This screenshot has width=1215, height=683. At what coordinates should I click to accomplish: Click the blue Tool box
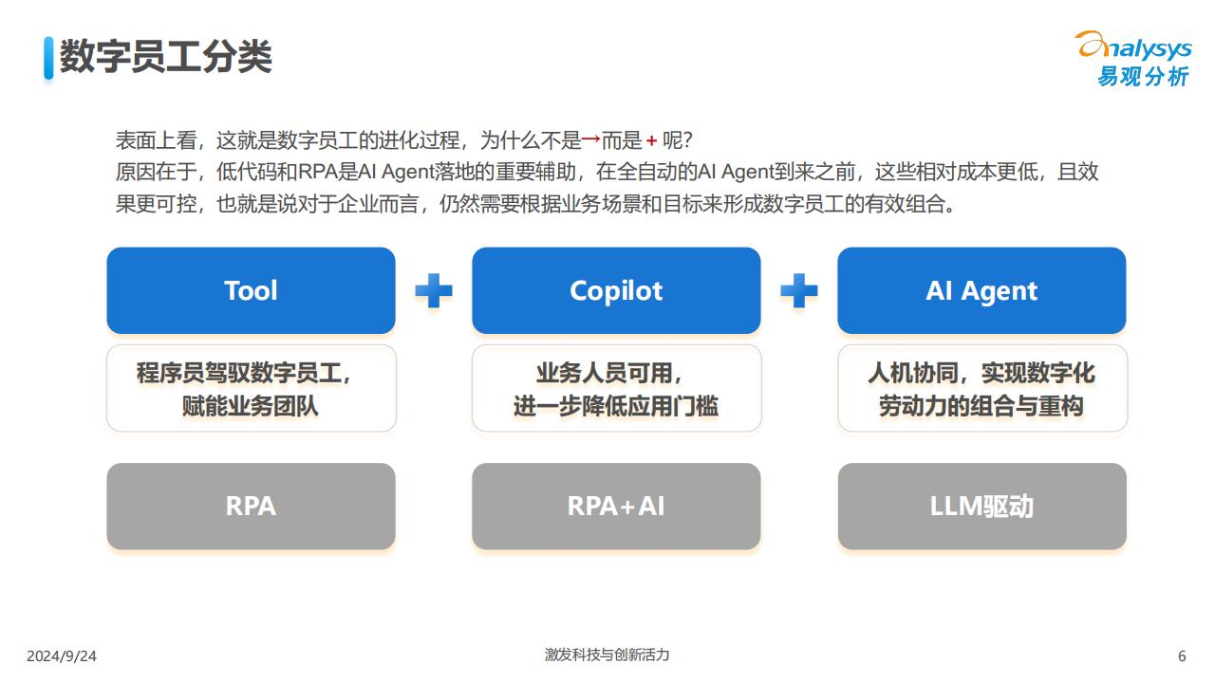(251, 290)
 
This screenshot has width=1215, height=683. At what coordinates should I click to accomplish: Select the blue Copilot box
(616, 290)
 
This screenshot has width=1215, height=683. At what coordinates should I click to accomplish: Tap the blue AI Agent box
(981, 290)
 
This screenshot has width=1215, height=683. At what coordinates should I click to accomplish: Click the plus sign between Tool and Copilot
(434, 290)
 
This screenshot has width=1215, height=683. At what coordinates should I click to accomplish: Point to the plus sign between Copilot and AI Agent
(799, 290)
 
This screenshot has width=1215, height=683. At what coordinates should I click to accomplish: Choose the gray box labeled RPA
(251, 507)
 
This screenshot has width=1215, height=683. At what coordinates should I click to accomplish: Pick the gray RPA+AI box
(616, 507)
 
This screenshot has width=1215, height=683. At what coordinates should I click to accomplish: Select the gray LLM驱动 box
(981, 507)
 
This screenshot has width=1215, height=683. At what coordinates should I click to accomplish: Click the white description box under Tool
(252, 388)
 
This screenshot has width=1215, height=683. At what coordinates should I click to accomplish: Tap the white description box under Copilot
(617, 388)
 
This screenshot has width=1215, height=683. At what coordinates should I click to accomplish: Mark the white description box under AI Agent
(982, 388)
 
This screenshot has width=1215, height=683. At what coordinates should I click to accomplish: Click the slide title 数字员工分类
(165, 56)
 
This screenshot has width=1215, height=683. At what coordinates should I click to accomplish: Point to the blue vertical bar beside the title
(48, 58)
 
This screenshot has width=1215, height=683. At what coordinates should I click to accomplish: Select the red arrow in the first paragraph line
(590, 139)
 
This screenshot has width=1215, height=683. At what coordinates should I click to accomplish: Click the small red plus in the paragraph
(651, 141)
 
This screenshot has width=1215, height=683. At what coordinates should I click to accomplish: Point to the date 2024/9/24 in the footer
(62, 656)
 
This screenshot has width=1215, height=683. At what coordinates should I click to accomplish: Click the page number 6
(1182, 656)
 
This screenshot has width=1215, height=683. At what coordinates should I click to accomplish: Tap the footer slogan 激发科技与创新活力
(607, 655)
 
